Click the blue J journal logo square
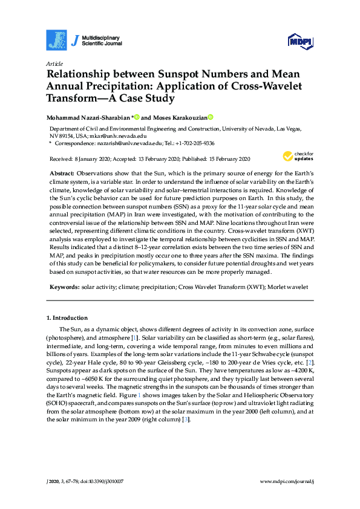(56, 40)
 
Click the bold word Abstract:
(62, 173)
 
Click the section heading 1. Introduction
(67, 317)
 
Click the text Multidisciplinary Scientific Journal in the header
(103, 40)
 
